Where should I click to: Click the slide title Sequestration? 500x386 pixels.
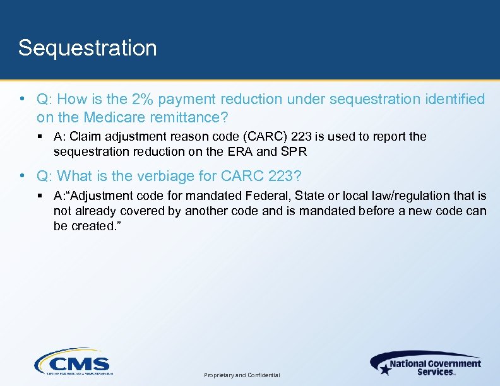coord(87,48)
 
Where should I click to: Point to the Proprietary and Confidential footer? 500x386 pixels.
coord(242,375)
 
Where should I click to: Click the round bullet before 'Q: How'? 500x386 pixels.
coord(22,100)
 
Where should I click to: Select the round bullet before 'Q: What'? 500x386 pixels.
coord(22,176)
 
